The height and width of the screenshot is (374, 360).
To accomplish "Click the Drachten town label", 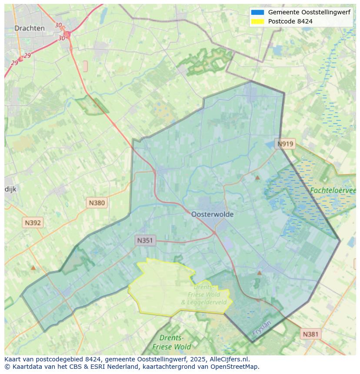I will tap(30, 28).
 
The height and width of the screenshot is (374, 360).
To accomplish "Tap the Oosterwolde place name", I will tap(212, 214).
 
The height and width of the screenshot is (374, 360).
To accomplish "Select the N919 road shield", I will tap(286, 144).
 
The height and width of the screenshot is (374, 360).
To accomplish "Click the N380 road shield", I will tap(97, 202).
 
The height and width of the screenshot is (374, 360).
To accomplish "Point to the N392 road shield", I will tap(33, 223).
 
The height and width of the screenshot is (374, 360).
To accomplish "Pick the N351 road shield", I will tap(145, 240).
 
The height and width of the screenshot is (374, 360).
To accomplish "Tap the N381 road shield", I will tap(310, 334).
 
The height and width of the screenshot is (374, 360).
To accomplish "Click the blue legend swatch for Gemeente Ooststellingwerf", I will tap(257, 13).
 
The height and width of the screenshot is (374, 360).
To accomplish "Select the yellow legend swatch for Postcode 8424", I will tap(257, 21).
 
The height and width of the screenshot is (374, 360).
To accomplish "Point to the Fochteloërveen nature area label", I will tap(333, 190).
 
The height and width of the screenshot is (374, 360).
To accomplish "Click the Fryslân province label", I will tap(261, 328).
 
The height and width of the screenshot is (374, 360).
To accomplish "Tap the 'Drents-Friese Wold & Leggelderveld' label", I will tap(203, 295).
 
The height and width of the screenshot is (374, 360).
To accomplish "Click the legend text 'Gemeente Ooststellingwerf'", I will tap(309, 13).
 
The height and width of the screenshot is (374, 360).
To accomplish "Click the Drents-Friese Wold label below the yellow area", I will tap(172, 342).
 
